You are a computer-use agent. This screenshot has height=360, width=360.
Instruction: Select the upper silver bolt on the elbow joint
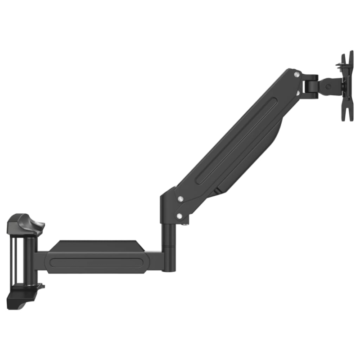pos(180,198)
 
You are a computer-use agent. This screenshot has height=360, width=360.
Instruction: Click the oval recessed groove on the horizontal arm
pos(97,263)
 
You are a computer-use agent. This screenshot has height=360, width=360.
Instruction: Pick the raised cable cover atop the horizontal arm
pos(97,247)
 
